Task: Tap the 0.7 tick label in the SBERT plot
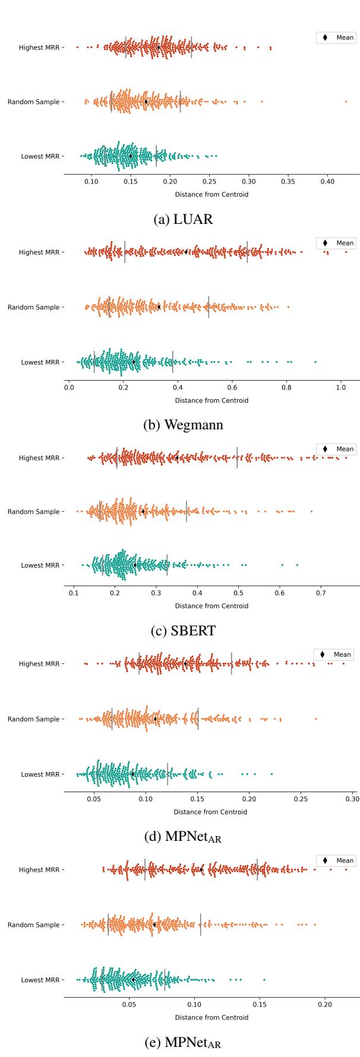pyautogui.click(x=321, y=593)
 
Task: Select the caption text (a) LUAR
pyautogui.click(x=182, y=219)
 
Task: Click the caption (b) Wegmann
pyautogui.click(x=182, y=425)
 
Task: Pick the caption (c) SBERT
pyautogui.click(x=182, y=631)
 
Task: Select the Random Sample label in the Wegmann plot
pyautogui.click(x=33, y=307)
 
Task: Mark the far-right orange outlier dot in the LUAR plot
pyautogui.click(x=346, y=102)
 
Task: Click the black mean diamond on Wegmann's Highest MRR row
pyautogui.click(x=186, y=252)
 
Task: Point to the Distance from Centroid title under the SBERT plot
pyautogui.click(x=211, y=606)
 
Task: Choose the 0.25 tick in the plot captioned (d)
pyautogui.click(x=301, y=799)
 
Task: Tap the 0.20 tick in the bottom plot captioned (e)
pyautogui.click(x=324, y=1005)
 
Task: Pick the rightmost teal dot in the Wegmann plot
pyautogui.click(x=315, y=362)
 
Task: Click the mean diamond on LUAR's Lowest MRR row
pyautogui.click(x=131, y=156)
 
